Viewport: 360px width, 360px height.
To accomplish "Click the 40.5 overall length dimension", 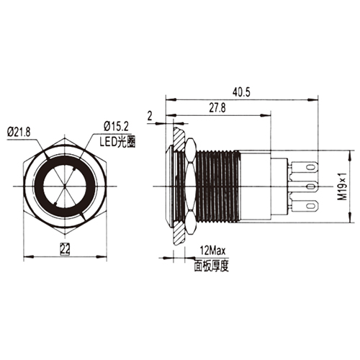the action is [x=241, y=92].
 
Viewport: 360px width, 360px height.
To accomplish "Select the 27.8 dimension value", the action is [x=217, y=108].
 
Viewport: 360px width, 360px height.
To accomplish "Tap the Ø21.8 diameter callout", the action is [x=19, y=132].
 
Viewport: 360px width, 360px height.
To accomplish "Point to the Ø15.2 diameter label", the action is [x=116, y=126].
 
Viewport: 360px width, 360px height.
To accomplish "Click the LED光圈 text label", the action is [x=117, y=142].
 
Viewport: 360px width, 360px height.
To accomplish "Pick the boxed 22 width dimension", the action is [x=65, y=249].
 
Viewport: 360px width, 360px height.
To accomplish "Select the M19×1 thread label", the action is [x=343, y=186].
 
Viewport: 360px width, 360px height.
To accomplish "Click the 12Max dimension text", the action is [x=212, y=251].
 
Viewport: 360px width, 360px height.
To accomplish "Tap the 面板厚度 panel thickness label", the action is [x=212, y=266].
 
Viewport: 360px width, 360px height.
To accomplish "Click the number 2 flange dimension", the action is [x=150, y=116].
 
